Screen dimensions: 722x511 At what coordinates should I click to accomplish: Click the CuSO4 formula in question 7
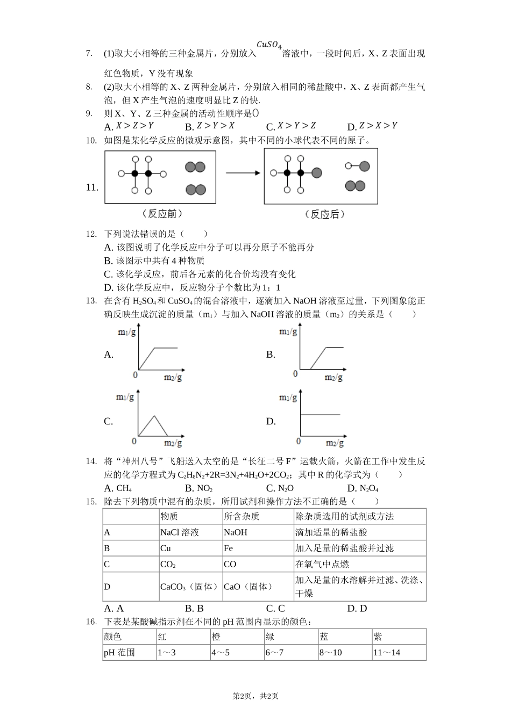[x=269, y=45]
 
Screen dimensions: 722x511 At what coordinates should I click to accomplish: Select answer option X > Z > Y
[x=129, y=126]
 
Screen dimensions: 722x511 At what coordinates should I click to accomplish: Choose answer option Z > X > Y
[x=372, y=126]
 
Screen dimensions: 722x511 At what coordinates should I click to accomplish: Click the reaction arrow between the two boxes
[x=243, y=173]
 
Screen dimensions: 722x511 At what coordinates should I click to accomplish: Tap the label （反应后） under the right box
[x=324, y=214]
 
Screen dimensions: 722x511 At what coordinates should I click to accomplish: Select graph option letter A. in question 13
[x=109, y=355]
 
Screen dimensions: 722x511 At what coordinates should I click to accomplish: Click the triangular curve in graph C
[x=154, y=425]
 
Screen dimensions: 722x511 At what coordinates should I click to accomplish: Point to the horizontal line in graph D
[x=320, y=415]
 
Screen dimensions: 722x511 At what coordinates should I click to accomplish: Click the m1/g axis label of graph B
[x=288, y=332]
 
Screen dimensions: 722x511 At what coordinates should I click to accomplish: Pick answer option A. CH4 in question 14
[x=118, y=488]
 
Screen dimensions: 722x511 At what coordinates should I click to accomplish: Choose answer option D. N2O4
[x=363, y=488]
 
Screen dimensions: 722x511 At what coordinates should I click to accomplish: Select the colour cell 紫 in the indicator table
[x=378, y=637]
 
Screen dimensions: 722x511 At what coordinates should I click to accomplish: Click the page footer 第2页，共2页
[x=256, y=696]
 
